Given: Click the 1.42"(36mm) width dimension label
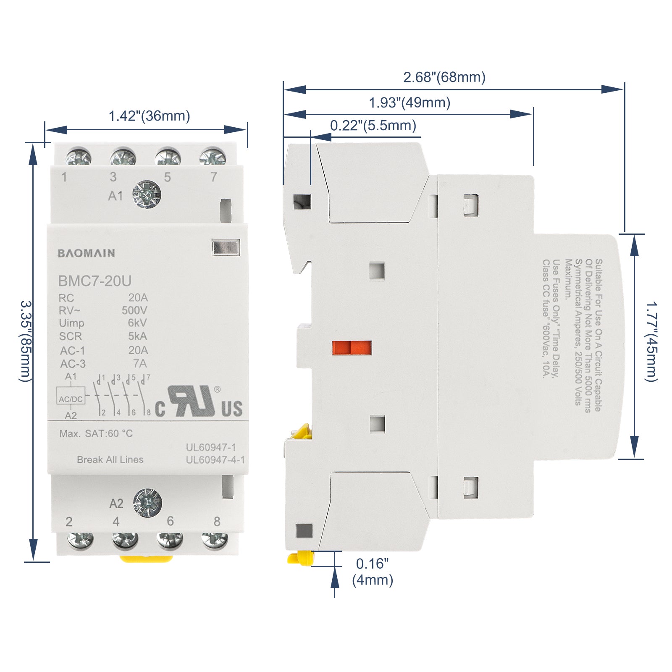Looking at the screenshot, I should click(149, 116).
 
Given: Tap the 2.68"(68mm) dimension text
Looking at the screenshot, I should click(444, 77).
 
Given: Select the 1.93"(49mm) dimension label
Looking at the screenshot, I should click(409, 102).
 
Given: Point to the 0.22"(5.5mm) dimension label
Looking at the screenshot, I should click(373, 125).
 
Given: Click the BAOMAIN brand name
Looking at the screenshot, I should click(86, 253).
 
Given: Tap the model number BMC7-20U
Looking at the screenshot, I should click(94, 281).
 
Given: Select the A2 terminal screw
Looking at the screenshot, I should click(147, 503).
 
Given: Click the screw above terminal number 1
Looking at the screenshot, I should click(79, 157).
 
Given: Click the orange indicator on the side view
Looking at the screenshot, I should click(352, 348).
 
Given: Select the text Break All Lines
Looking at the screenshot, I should click(110, 459).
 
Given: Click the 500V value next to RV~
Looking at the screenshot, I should click(134, 310).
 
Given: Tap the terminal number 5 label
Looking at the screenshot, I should click(167, 178).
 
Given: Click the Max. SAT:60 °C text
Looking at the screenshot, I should click(96, 433).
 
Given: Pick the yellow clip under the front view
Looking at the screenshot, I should click(146, 559).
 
